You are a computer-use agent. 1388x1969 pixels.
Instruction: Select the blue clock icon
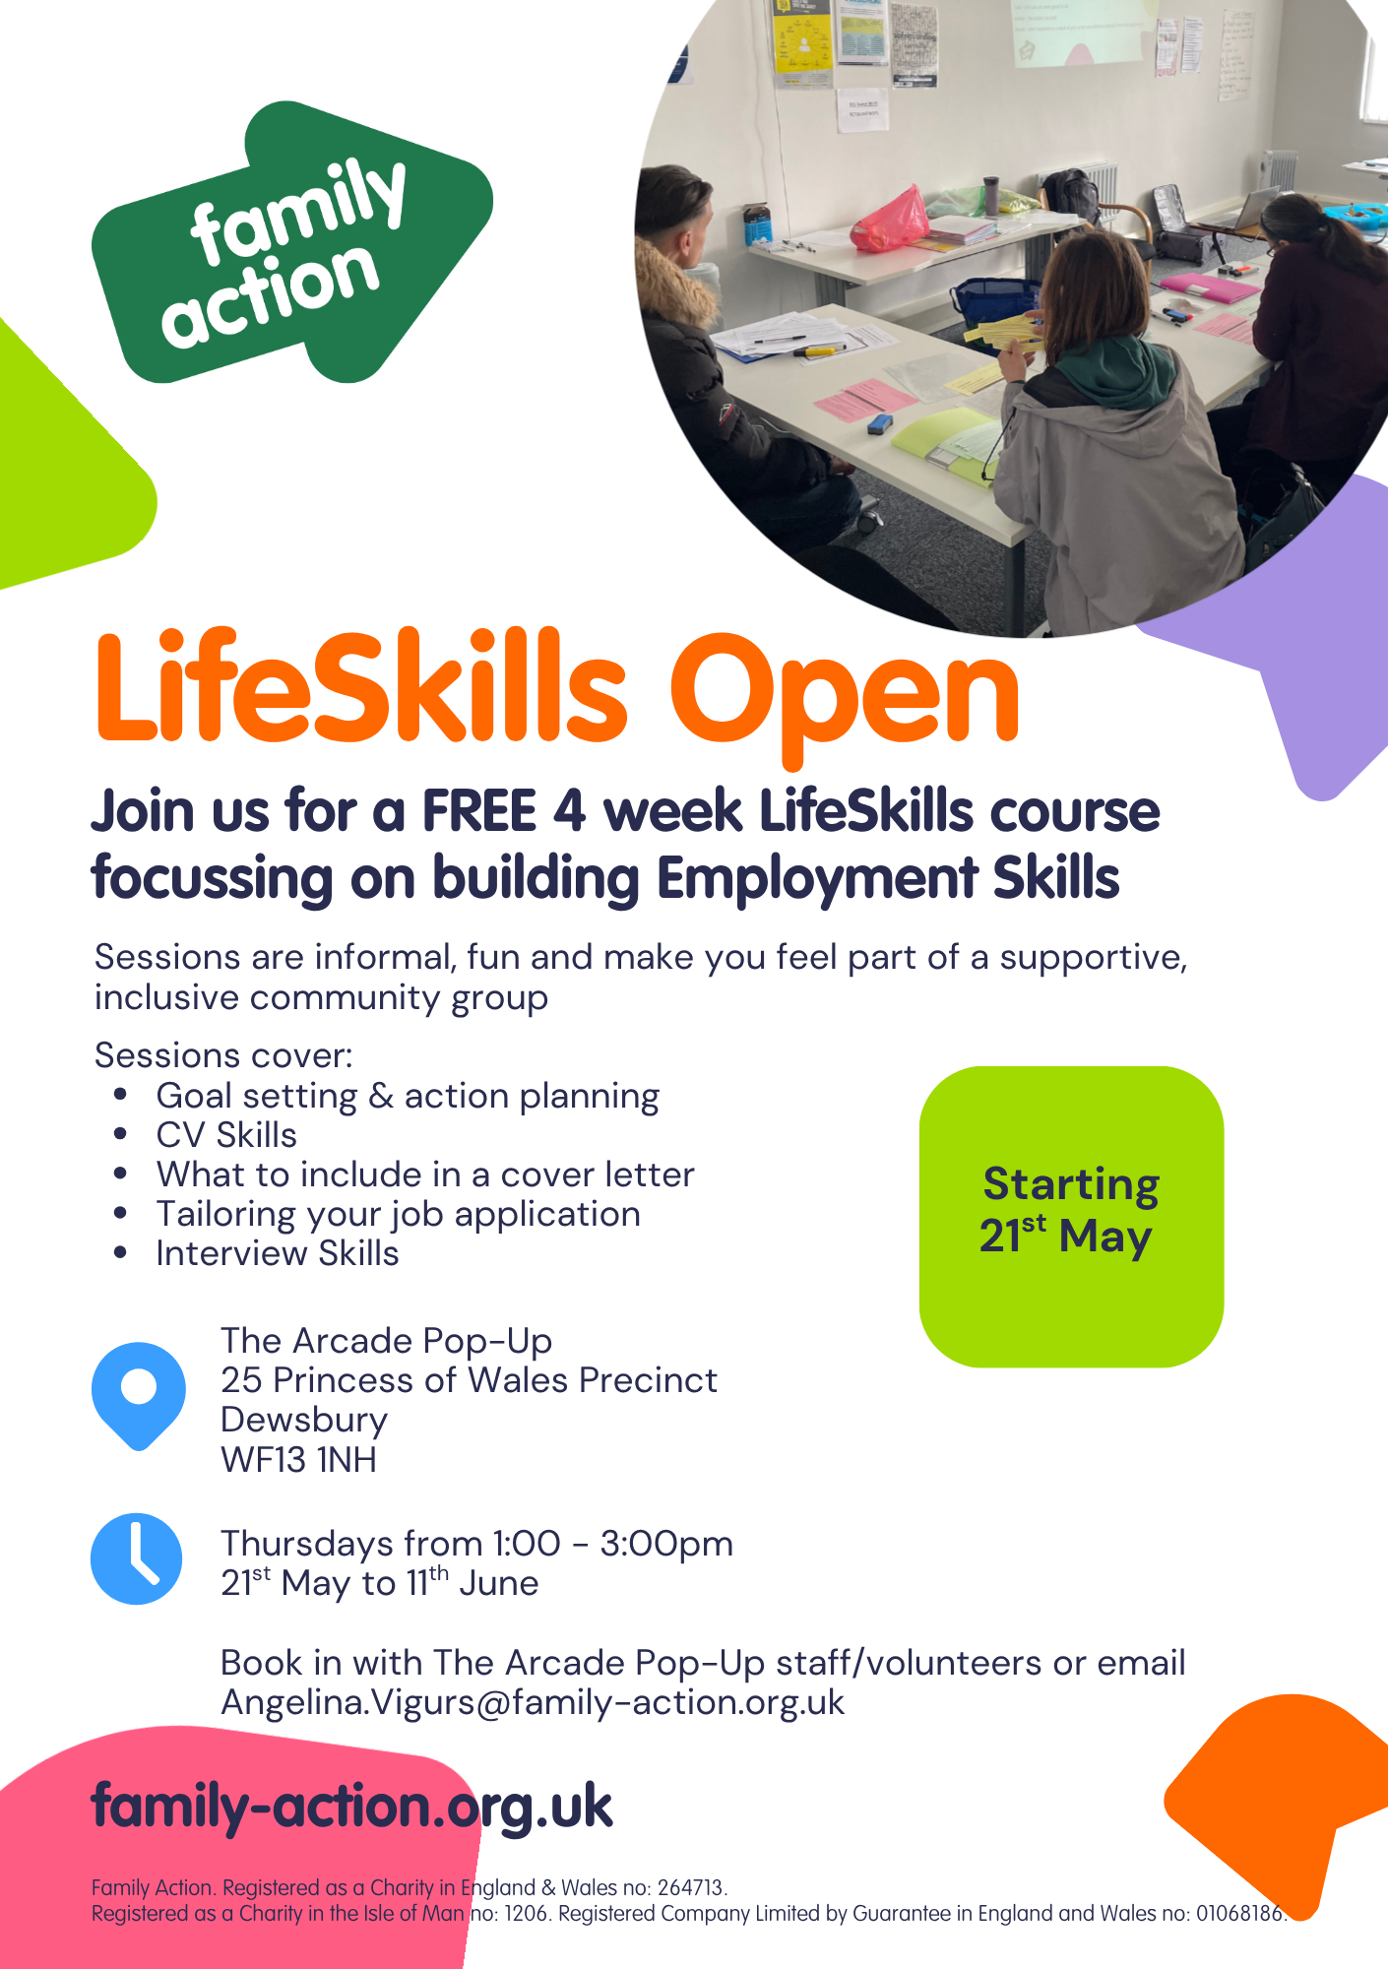(137, 1558)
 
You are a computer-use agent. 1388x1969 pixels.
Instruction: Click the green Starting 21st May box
(1071, 1217)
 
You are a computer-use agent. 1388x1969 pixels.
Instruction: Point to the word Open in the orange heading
(845, 694)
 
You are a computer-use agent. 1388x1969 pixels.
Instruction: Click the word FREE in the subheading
(478, 811)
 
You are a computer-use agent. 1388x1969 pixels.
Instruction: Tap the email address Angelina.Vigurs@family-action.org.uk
(533, 1702)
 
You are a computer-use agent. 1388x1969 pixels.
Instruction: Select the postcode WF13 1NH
(299, 1459)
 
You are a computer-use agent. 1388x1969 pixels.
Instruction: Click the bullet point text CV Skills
(226, 1135)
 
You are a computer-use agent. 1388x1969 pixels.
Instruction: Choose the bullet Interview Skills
(278, 1253)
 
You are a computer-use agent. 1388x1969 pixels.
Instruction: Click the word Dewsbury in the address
(304, 1421)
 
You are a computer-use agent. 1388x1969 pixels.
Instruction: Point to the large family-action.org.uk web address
(351, 1807)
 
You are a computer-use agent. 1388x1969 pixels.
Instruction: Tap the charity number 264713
(691, 1887)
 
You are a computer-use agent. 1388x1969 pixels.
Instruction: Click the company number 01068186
(1240, 1913)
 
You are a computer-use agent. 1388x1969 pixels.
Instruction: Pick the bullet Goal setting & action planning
(408, 1096)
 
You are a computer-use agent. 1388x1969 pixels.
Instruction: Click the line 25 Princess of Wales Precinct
(469, 1380)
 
